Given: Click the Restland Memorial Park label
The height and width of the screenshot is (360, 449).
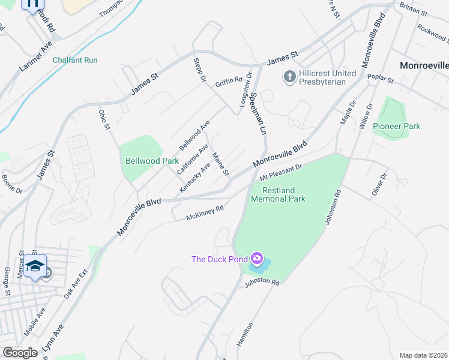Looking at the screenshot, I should coord(278,194).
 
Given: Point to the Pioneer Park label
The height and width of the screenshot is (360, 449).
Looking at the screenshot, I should coord(396,126).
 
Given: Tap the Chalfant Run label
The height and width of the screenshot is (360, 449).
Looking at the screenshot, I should coord(75,60).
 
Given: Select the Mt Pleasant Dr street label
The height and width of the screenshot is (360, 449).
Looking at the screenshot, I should coord(280,172).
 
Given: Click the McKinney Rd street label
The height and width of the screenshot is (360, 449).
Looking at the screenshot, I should coord(204,212).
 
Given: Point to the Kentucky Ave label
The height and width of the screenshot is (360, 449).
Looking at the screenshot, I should coord(196,178).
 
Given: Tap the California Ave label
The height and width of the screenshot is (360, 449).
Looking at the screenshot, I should coord(193,158).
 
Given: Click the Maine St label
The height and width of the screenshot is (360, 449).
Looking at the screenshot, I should coord(221,164).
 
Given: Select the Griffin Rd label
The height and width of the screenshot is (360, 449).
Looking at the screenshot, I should coord(229,80).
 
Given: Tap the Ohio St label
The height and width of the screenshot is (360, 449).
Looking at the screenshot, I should coord(104,119).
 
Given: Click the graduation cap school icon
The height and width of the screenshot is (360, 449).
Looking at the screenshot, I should coord(35,265).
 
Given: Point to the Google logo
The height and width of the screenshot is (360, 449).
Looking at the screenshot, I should coord(20,352).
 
